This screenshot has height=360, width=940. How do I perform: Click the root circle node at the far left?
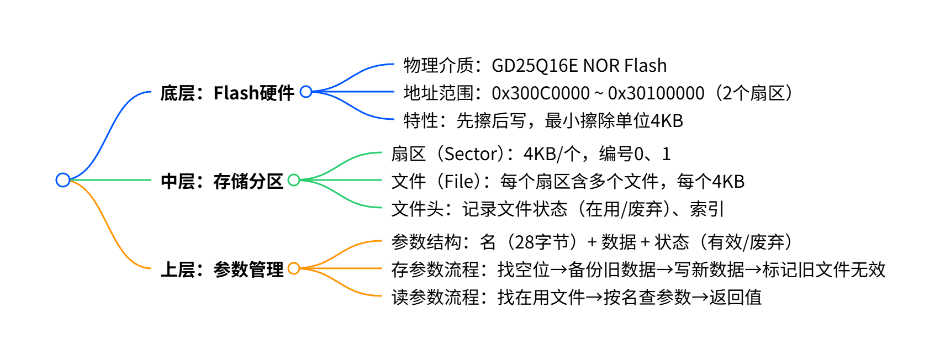(63, 180)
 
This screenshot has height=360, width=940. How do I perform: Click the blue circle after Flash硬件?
(306, 92)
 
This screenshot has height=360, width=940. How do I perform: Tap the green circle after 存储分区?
(294, 180)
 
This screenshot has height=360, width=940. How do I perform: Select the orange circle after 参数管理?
(294, 268)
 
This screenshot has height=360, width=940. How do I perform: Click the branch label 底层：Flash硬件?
(227, 93)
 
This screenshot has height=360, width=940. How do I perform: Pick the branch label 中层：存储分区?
(221, 181)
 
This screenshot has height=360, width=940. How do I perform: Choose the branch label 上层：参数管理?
(221, 269)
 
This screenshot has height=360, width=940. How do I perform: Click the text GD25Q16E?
(534, 66)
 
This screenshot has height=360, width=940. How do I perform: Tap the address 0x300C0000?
(540, 93)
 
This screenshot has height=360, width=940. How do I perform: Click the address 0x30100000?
(656, 93)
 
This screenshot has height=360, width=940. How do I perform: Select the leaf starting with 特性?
(543, 121)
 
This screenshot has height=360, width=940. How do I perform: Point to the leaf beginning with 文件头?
(557, 209)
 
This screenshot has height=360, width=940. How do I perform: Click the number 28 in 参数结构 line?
(524, 242)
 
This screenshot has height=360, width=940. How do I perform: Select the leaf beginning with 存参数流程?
(638, 270)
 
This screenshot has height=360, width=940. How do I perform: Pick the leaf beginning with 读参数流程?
(576, 298)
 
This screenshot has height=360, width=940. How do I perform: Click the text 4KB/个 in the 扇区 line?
(551, 154)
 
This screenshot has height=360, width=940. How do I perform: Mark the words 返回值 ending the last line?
(735, 298)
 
